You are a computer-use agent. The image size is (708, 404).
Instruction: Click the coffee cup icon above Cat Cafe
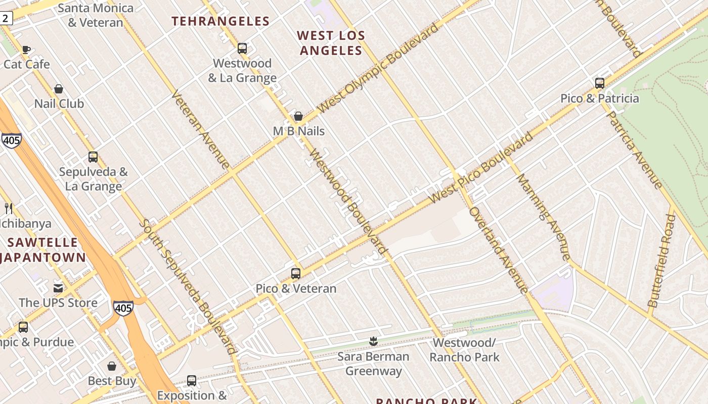click(x=26, y=49)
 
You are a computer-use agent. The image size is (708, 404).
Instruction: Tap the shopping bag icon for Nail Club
click(x=59, y=89)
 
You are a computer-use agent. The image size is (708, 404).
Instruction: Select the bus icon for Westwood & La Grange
click(x=242, y=48)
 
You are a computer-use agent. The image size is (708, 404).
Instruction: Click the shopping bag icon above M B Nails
click(x=298, y=117)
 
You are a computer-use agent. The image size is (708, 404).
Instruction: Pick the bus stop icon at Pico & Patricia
click(x=600, y=83)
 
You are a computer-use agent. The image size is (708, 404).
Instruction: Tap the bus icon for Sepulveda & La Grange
click(x=93, y=157)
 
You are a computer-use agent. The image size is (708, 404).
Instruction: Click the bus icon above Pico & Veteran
click(x=296, y=274)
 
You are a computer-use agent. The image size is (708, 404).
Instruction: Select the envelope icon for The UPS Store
click(x=59, y=288)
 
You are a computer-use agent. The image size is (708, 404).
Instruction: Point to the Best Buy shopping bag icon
click(x=112, y=366)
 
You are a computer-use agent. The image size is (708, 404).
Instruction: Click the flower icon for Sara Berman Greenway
click(x=373, y=342)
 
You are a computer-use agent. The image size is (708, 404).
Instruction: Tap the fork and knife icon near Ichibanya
click(x=9, y=208)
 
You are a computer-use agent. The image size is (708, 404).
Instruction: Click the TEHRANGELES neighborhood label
click(x=220, y=21)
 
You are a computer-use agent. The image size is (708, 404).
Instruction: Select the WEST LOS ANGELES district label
click(x=331, y=43)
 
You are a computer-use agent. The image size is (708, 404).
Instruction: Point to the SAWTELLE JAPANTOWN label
click(x=43, y=250)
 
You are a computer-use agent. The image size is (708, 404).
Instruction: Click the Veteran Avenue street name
click(x=201, y=129)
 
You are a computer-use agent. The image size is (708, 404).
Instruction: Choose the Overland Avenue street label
click(x=499, y=250)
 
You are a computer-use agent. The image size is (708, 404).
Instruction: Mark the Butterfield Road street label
click(x=661, y=261)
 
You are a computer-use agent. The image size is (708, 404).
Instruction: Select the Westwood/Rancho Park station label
click(x=464, y=350)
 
